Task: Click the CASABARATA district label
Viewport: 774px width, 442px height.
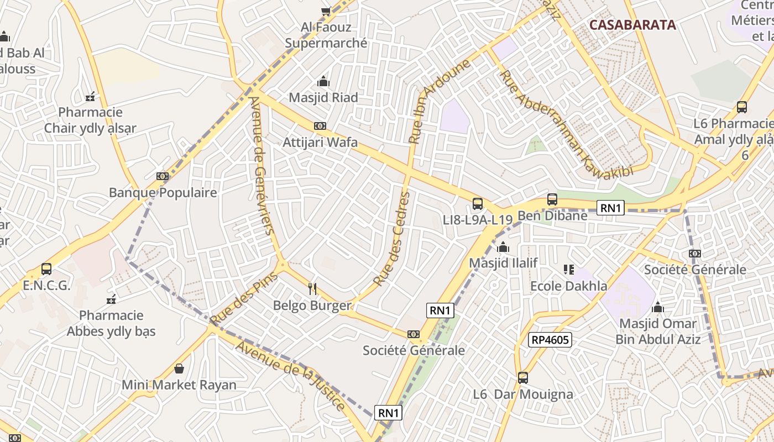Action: pos(632,25)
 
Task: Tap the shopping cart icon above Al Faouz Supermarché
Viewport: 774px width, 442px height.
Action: pos(326,11)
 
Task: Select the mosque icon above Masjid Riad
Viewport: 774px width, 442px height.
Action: pos(323,82)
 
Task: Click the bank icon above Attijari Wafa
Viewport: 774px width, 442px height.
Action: pos(320,126)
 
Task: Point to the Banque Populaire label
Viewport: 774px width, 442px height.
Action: pos(163,193)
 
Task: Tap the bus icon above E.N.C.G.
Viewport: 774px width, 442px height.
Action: pos(46,269)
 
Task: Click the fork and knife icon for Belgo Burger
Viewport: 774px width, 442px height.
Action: pos(312,288)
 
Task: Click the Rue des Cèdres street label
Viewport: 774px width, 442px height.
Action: pos(393,239)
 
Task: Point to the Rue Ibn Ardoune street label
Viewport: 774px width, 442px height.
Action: pos(440,101)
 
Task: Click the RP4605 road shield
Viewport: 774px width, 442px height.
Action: pos(550,339)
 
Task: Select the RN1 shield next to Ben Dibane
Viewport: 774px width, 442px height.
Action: pos(611,208)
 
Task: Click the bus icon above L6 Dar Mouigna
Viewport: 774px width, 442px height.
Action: pos(523,378)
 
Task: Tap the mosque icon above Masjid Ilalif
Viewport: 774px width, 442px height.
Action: pos(503,247)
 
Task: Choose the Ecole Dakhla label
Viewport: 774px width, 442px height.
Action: pos(568,286)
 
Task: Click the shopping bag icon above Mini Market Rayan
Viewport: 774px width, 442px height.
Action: pos(179,368)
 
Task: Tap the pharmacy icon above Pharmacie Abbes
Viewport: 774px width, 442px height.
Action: pos(111,299)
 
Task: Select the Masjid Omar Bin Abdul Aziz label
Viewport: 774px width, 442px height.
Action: pos(658,331)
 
